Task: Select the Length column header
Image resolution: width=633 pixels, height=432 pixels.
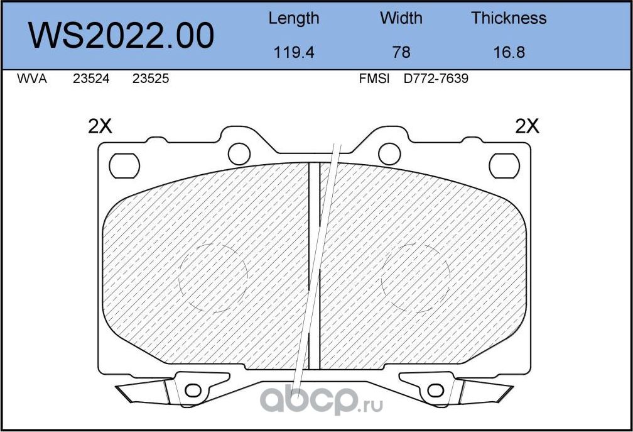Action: (293, 18)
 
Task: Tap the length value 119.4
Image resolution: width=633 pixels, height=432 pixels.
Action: (293, 52)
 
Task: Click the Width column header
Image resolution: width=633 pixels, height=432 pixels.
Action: (401, 18)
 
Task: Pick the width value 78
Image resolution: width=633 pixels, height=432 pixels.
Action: (401, 52)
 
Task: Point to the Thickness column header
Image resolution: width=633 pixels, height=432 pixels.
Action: (509, 18)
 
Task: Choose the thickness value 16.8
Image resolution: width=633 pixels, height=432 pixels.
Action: (509, 52)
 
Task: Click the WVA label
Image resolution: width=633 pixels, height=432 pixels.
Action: (31, 79)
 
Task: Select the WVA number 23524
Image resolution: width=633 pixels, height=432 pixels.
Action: (92, 79)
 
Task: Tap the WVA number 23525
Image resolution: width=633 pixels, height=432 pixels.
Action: (151, 79)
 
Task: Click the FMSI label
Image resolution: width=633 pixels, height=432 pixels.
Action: (374, 79)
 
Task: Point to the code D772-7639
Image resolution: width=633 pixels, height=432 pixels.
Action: (436, 79)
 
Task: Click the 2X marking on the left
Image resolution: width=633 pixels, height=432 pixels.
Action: (99, 126)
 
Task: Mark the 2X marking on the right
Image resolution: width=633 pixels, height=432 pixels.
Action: (527, 126)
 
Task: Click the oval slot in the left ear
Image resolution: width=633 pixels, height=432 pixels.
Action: (124, 165)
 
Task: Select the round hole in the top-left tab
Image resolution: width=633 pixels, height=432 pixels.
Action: (238, 153)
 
